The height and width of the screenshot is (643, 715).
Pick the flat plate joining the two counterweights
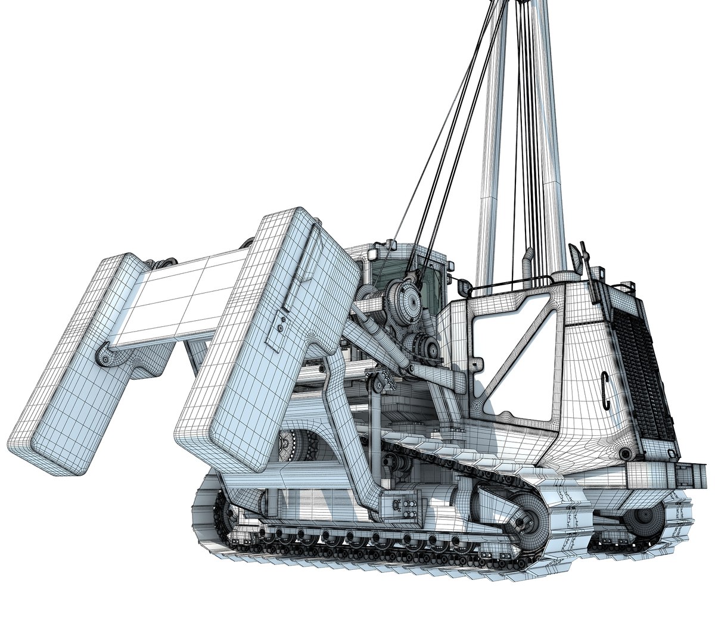pyautogui.click(x=179, y=298)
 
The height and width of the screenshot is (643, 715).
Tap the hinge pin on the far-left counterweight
pyautogui.click(x=105, y=358)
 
